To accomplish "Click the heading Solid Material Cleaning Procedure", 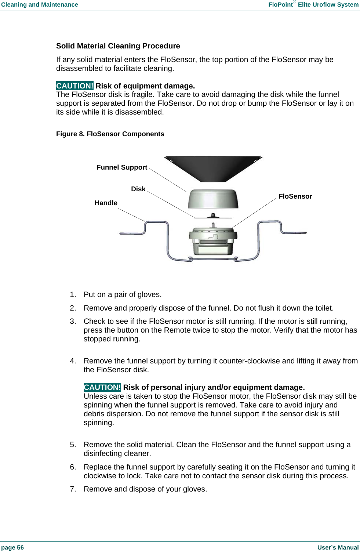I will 118,46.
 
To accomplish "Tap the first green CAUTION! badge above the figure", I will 75,86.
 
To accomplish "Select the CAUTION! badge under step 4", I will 102,387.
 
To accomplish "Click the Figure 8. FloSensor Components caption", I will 110,134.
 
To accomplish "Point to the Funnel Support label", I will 122,167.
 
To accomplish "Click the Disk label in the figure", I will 138,189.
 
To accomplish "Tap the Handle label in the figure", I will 106,203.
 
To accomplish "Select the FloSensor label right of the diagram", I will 295,196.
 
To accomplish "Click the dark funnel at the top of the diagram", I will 213,168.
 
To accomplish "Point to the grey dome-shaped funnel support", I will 213,199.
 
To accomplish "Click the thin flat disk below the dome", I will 213,217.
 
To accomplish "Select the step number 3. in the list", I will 73,322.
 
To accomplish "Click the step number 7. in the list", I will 73,489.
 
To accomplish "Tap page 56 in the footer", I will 12,547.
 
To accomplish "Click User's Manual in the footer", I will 338,547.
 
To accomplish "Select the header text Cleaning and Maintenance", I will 40,5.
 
